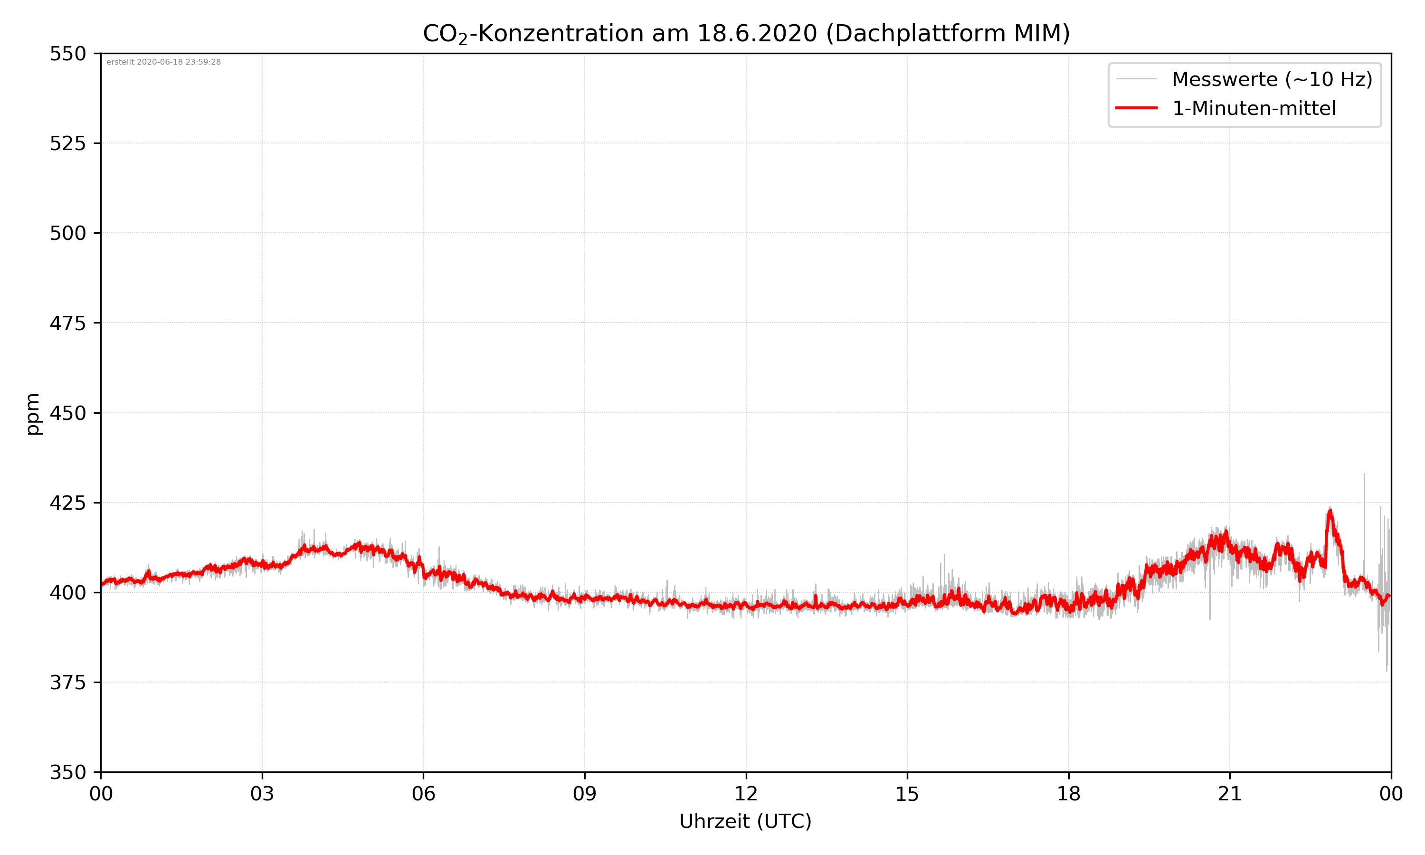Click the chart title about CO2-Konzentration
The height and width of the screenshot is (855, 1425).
pos(746,33)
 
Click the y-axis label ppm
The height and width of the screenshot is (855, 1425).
pos(33,414)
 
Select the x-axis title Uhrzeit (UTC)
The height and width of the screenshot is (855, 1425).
pos(745,821)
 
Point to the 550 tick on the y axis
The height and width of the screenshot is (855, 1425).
pos(67,54)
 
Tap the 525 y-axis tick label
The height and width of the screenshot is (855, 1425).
pos(67,143)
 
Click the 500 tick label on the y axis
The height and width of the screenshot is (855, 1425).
pos(67,233)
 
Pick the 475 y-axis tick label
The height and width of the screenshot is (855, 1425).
pos(67,323)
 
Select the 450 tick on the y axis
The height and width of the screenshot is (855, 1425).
pos(67,413)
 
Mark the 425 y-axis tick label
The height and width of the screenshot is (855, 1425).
pos(67,503)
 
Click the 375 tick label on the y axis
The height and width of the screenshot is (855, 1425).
pos(67,683)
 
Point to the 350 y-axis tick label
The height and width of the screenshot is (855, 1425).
pos(67,773)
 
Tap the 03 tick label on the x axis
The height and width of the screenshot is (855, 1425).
pos(262,794)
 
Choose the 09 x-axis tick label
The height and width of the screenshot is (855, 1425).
pos(585,794)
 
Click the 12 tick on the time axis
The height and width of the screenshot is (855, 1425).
pos(746,794)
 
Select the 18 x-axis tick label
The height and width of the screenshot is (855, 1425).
pos(1068,794)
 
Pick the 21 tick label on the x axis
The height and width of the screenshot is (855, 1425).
pos(1230,794)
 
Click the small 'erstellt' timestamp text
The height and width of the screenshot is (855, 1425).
pos(163,62)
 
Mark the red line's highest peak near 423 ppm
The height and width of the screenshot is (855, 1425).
pos(1330,511)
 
